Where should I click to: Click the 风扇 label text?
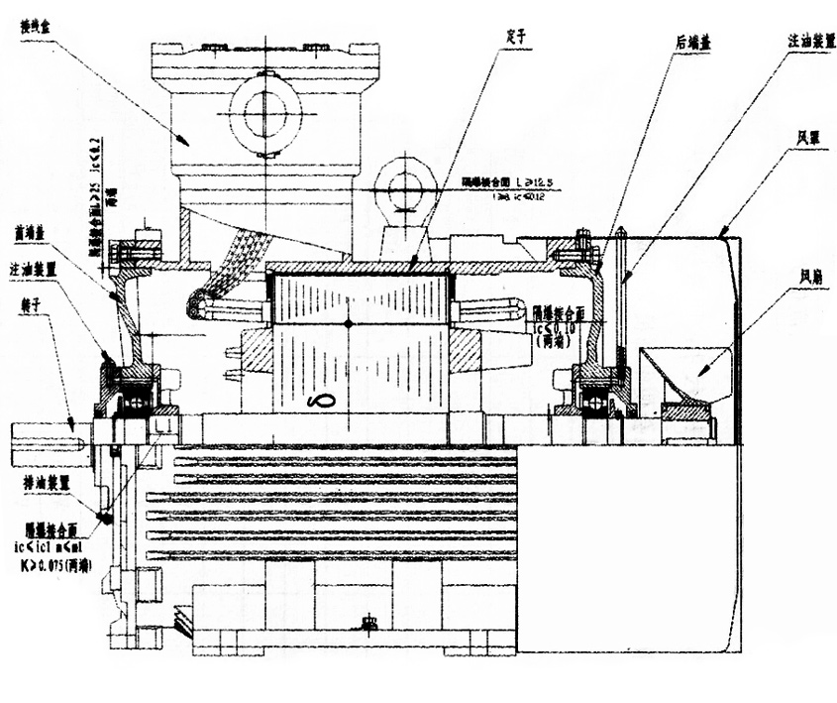tap(805, 270)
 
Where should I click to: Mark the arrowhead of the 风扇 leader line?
tap(700, 373)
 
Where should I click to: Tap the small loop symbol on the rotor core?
tap(321, 401)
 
